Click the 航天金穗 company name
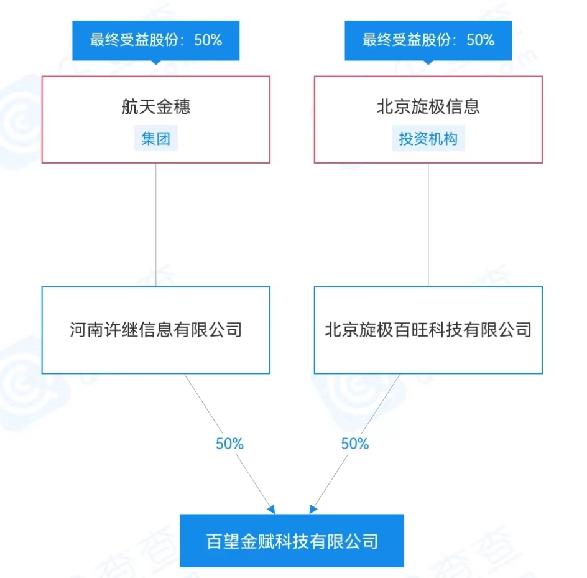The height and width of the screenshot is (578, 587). pyautogui.click(x=155, y=107)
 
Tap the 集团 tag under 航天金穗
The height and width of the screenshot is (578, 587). pyautogui.click(x=155, y=138)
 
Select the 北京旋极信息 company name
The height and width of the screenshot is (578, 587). pyautogui.click(x=428, y=107)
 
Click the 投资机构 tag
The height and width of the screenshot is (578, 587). pyautogui.click(x=428, y=138)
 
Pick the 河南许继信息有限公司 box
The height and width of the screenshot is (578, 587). pyautogui.click(x=155, y=330)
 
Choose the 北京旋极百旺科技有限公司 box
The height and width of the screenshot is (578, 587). pyautogui.click(x=428, y=330)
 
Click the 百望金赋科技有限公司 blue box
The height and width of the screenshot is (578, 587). pyautogui.click(x=292, y=541)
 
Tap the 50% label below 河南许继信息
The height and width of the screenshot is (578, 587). pyautogui.click(x=229, y=444)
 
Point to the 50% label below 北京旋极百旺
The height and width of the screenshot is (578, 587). pyautogui.click(x=355, y=444)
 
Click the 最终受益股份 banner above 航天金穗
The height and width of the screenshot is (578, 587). pyautogui.click(x=155, y=40)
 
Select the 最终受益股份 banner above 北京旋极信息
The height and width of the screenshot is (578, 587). pyautogui.click(x=428, y=40)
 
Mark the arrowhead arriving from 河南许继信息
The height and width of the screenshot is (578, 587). pyautogui.click(x=271, y=510)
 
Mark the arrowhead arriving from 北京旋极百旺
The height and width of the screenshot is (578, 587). pyautogui.click(x=313, y=510)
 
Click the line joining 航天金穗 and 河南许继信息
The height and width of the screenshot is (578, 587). pyautogui.click(x=155, y=224)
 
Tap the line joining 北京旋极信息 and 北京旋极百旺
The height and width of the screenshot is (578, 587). pyautogui.click(x=428, y=224)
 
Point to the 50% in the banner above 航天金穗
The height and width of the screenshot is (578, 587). pyautogui.click(x=208, y=40)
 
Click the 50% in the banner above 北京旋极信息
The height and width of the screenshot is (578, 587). pyautogui.click(x=480, y=40)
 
